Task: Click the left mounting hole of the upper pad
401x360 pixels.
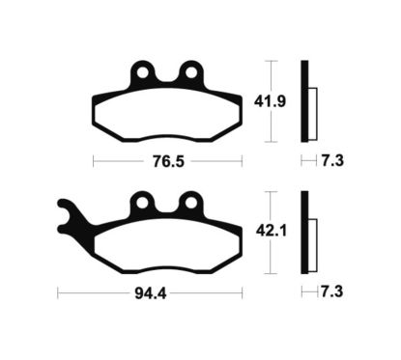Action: point(143,71)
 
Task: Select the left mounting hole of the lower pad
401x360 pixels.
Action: point(143,202)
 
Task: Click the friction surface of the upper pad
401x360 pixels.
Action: point(166,113)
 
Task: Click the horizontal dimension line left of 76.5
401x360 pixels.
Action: point(116,159)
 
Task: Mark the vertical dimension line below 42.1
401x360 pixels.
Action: point(272,256)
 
